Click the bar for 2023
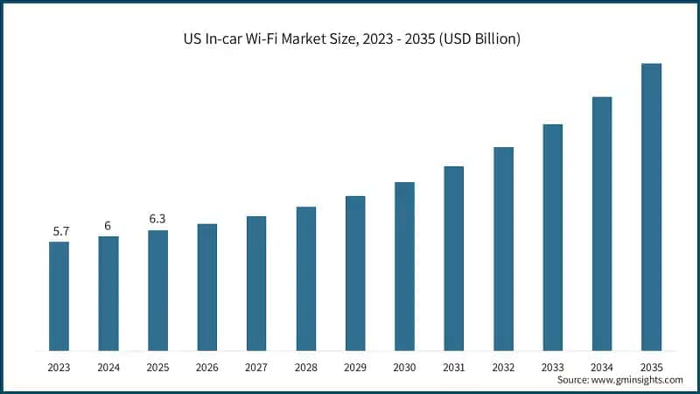click(59, 296)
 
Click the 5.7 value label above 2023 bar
click(59, 231)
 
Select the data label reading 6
click(108, 226)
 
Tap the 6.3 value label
click(157, 220)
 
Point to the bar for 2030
click(403, 266)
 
